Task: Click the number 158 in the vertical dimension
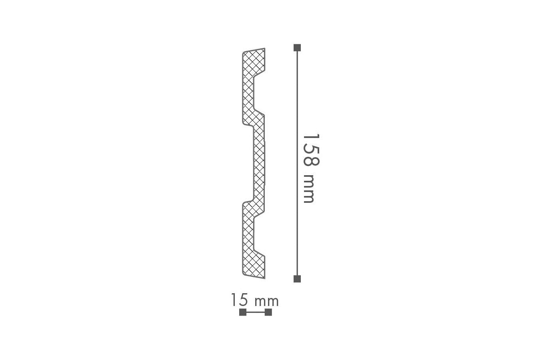pyautogui.click(x=311, y=150)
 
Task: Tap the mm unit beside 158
pyautogui.click(x=309, y=188)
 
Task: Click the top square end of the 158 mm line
pyautogui.click(x=297, y=48)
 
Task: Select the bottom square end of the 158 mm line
pyautogui.click(x=297, y=279)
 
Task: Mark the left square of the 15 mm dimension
pyautogui.click(x=243, y=312)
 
